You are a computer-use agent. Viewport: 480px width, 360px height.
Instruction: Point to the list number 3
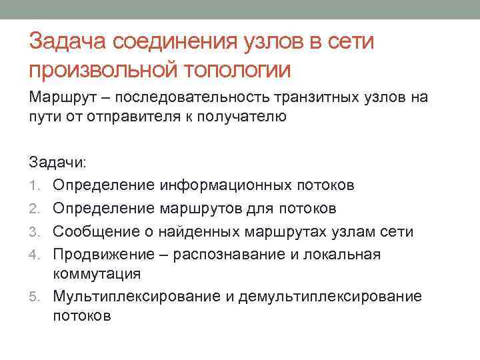[34, 232]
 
